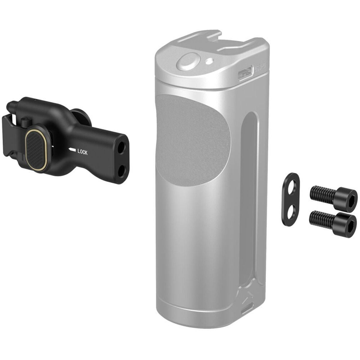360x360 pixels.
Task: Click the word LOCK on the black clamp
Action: pyautogui.click(x=82, y=152)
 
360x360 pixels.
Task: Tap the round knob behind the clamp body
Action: pyautogui.click(x=80, y=118)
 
